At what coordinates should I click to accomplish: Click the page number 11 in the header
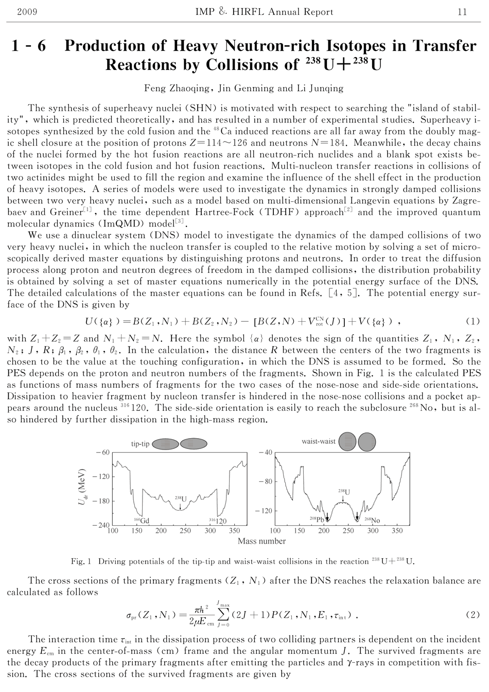pos(462,12)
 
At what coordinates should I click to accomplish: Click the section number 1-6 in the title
pos(29,46)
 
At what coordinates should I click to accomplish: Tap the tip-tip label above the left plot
pos(141,443)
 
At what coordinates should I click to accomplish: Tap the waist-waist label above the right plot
pos(319,441)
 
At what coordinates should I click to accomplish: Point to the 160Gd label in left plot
pos(142,521)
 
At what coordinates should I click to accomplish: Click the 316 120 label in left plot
pos(218,521)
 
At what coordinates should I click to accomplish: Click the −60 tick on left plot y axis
pos(103,452)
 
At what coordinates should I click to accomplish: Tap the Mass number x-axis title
pos(261,541)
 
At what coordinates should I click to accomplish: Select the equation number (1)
pos(473,321)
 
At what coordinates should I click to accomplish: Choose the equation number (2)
pos(473,615)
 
